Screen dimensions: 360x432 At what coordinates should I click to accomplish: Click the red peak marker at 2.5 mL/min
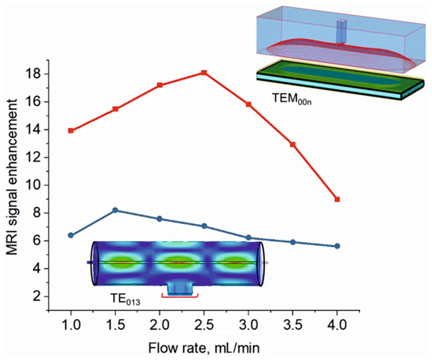[x=204, y=73]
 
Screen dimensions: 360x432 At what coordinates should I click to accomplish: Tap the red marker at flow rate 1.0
[x=71, y=130]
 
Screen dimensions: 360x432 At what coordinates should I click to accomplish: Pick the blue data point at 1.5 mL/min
[x=115, y=210]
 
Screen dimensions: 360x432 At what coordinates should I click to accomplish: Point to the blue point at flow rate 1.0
[x=71, y=235]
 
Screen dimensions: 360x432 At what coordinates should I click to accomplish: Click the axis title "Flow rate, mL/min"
[x=204, y=346]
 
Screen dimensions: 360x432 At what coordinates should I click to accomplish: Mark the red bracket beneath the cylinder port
[x=179, y=296]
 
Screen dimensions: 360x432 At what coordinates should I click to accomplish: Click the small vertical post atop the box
[x=341, y=31]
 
